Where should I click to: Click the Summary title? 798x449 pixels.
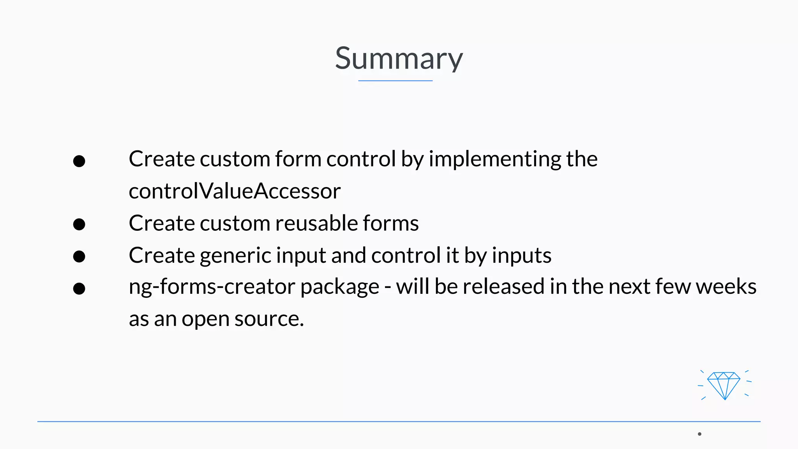399,58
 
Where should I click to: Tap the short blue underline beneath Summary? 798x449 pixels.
395,81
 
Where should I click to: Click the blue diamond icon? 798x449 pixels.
724,385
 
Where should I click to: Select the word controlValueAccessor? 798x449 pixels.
235,191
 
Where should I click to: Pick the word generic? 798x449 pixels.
235,256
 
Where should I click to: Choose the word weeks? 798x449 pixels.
726,286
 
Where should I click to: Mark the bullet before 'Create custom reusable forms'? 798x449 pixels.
79,224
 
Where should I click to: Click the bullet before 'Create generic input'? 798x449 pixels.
79,256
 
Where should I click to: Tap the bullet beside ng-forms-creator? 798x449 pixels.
79,288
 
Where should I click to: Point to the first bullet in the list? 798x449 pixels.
79,161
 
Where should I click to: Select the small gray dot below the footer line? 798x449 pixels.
699,434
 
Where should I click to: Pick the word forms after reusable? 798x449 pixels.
390,223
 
